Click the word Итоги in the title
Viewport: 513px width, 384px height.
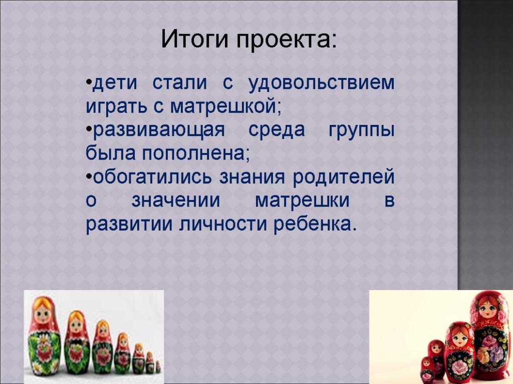click(x=194, y=39)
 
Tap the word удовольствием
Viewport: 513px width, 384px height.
click(x=322, y=83)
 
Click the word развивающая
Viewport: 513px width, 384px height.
click(x=159, y=130)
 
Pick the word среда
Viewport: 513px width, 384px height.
click(x=277, y=130)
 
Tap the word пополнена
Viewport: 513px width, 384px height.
click(x=193, y=153)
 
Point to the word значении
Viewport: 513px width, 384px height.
click(x=176, y=200)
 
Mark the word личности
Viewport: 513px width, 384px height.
click(x=223, y=224)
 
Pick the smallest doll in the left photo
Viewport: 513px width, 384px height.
click(x=158, y=366)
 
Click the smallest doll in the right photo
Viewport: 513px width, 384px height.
click(x=427, y=369)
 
